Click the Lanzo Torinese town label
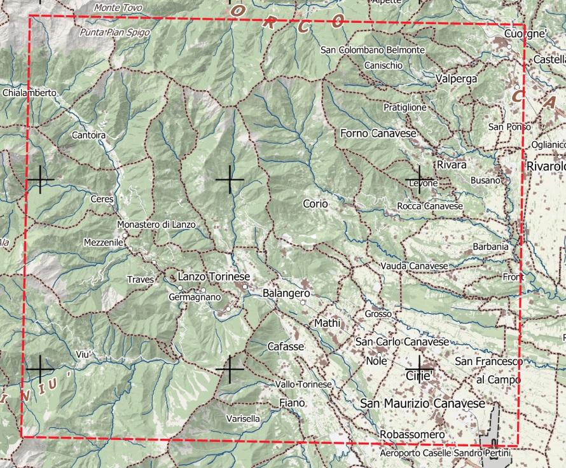214,277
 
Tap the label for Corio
315,204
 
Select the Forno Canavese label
378,133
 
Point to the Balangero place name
286,294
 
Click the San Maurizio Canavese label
422,404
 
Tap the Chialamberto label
29,93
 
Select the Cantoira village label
88,135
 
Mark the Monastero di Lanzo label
156,224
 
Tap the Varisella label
243,418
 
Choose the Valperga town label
457,79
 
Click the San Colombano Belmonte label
373,50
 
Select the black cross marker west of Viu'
39,369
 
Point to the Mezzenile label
103,242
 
